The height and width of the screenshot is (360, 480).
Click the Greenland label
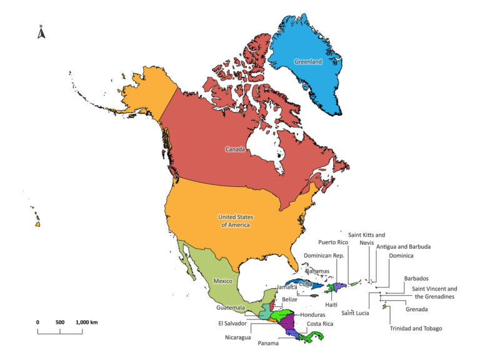[x=308, y=62]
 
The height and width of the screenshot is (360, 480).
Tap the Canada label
[x=235, y=149]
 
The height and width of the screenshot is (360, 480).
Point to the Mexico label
[x=223, y=281]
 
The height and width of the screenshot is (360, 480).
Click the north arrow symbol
[x=41, y=32]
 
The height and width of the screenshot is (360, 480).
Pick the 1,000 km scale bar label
[x=87, y=322]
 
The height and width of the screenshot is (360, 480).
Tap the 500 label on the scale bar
[x=60, y=322]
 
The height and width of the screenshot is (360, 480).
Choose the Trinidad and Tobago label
[x=416, y=329]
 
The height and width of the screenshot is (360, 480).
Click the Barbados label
[x=416, y=279]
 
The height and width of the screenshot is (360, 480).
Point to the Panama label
[x=267, y=343]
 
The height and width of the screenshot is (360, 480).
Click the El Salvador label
[x=232, y=324]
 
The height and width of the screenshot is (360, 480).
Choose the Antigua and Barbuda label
[x=404, y=247]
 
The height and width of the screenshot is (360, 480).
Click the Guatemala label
[x=231, y=307]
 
